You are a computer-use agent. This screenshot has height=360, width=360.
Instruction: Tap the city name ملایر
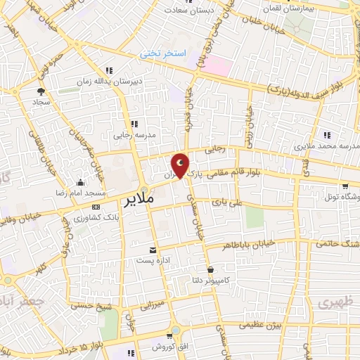pyautogui.click(x=139, y=200)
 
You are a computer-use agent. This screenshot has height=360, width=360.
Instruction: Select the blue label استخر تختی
pyautogui.click(x=159, y=53)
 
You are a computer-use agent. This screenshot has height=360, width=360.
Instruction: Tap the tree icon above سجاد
pyautogui.click(x=40, y=91)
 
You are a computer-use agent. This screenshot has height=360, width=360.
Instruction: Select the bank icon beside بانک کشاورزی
pyautogui.click(x=96, y=206)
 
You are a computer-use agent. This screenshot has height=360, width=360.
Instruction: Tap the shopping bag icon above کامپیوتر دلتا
pyautogui.click(x=210, y=269)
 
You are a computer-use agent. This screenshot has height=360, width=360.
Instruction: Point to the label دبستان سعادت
pyautogui.click(x=189, y=11)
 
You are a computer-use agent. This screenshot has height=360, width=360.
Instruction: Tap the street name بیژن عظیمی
pyautogui.click(x=259, y=325)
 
